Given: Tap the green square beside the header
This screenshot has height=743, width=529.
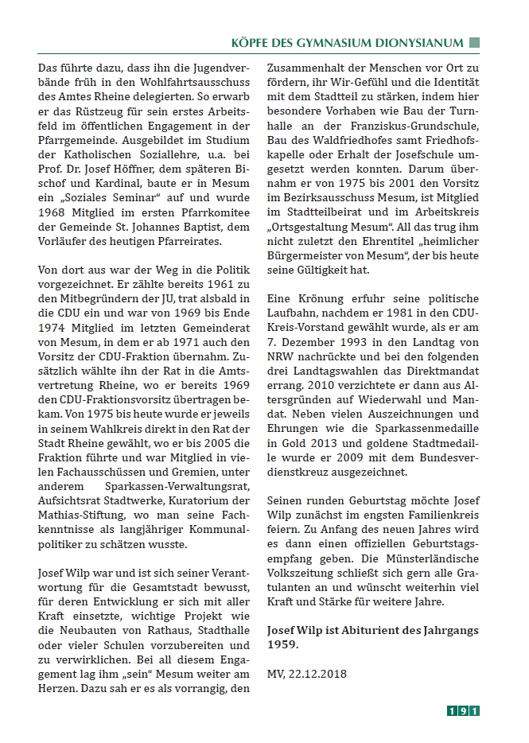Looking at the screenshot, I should point(475,43).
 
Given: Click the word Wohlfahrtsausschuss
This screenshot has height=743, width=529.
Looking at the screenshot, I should point(169,84).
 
